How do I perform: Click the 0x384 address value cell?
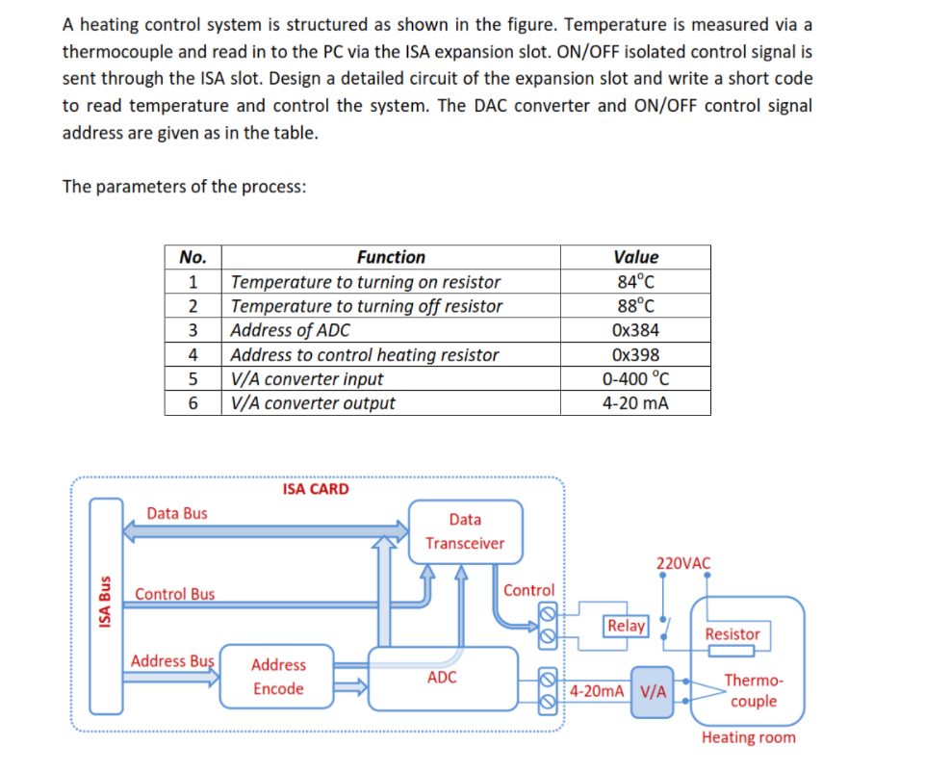(x=635, y=330)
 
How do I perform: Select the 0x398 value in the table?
(x=635, y=354)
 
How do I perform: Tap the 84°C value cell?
(x=635, y=282)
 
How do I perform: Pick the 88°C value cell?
(x=635, y=306)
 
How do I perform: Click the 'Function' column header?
(x=391, y=257)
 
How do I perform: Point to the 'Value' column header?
(x=635, y=257)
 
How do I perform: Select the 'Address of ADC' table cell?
(x=291, y=330)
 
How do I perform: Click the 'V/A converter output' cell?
(x=313, y=403)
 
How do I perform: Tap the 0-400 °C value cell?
(x=635, y=378)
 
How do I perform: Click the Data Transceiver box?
(x=465, y=531)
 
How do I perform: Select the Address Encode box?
(x=278, y=677)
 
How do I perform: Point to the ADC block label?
(x=442, y=678)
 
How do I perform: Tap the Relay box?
(x=626, y=626)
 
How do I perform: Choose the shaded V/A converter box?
(x=652, y=691)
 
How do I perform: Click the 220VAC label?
(x=683, y=563)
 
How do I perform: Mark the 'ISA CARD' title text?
(x=316, y=489)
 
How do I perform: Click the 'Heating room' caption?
(x=748, y=737)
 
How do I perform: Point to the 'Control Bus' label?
(x=175, y=594)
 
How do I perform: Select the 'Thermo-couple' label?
(x=753, y=690)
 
